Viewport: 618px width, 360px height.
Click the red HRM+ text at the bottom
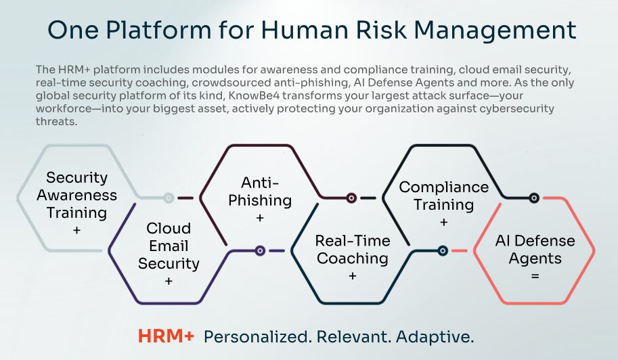(x=166, y=336)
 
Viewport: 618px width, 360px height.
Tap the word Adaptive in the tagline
(x=435, y=337)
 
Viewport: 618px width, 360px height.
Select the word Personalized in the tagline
(x=257, y=337)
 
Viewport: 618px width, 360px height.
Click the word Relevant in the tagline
(x=353, y=337)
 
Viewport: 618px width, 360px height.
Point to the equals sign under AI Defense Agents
(x=535, y=276)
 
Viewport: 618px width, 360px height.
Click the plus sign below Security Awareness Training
(x=77, y=230)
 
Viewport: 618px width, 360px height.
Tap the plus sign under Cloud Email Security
(x=169, y=281)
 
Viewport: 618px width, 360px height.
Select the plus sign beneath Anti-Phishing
(x=260, y=218)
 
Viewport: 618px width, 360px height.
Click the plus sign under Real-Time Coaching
(x=353, y=275)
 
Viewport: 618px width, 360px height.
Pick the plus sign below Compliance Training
(x=444, y=222)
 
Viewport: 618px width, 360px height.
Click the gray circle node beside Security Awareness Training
(x=169, y=198)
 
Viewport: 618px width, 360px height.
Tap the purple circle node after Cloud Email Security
(x=260, y=250)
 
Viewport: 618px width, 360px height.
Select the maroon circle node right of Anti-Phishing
(x=351, y=198)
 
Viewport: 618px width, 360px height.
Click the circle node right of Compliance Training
(x=534, y=198)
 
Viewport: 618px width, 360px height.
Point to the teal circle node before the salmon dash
(x=443, y=250)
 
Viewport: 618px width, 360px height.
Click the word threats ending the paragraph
(x=56, y=121)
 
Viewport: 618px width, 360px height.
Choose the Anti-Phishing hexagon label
(x=260, y=192)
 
